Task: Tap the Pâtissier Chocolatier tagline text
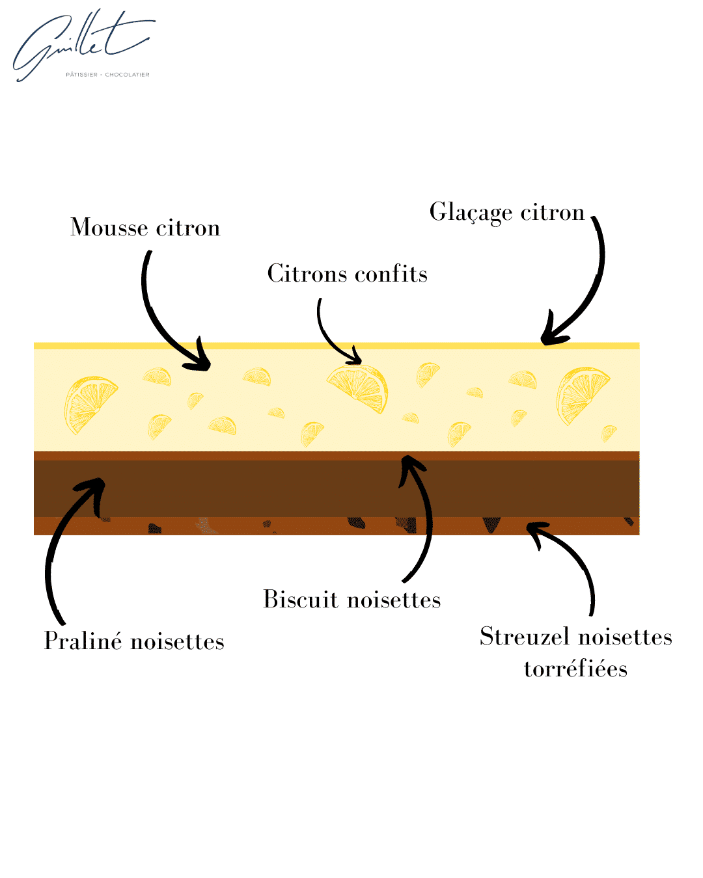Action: pyautogui.click(x=107, y=75)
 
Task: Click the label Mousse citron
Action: pyautogui.click(x=145, y=227)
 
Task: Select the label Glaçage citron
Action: pyautogui.click(x=506, y=213)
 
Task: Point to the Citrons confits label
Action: pyautogui.click(x=347, y=273)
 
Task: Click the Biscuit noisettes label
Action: pyautogui.click(x=351, y=600)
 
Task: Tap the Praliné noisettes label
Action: pyautogui.click(x=134, y=641)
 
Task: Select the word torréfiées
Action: pyautogui.click(x=575, y=669)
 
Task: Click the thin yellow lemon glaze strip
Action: pyautogui.click(x=336, y=345)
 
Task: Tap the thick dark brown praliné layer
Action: pyautogui.click(x=336, y=488)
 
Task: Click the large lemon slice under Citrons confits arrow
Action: pyautogui.click(x=358, y=388)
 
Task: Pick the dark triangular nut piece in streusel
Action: pyautogui.click(x=491, y=524)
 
